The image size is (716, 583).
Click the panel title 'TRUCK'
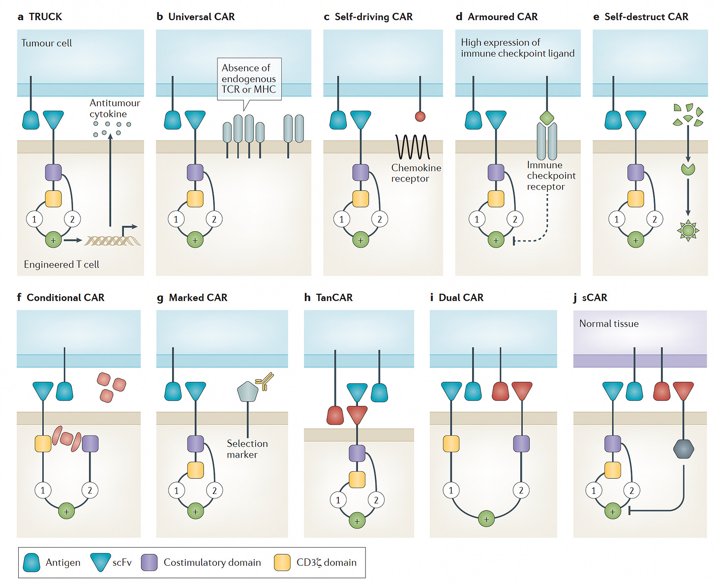tap(45, 17)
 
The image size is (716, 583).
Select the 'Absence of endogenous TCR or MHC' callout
tap(249, 79)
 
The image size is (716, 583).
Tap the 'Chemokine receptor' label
tap(416, 173)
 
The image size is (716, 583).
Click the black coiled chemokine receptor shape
tap(412, 147)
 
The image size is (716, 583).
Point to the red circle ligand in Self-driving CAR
tap(420, 116)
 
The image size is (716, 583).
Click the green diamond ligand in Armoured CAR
tap(547, 118)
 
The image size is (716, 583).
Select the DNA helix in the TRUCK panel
tap(113, 241)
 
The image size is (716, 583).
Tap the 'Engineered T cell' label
tap(61, 265)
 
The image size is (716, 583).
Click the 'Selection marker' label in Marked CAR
tap(247, 449)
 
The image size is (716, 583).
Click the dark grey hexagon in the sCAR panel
tap(684, 449)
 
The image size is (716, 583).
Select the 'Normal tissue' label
tap(609, 323)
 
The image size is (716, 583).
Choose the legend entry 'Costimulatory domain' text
tap(212, 562)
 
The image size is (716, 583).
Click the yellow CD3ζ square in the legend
tap(282, 562)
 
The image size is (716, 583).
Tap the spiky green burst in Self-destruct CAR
tap(688, 230)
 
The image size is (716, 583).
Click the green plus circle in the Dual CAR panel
tap(486, 519)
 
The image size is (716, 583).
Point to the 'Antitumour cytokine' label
tap(115, 108)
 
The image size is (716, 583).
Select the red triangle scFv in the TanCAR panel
tap(357, 415)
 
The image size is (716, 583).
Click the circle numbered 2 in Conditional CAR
tap(90, 490)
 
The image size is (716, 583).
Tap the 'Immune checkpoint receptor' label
tap(551, 176)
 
